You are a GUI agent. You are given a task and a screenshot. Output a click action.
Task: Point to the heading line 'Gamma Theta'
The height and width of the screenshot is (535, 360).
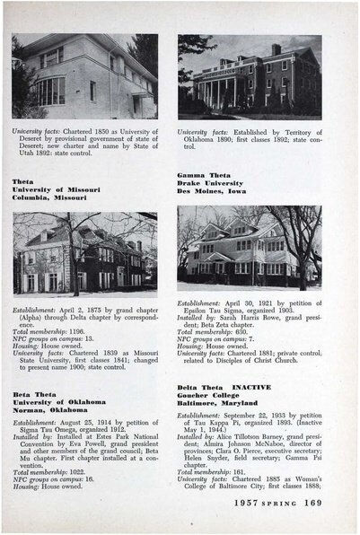click(198, 176)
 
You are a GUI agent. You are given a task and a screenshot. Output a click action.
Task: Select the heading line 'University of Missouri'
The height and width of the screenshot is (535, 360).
click(56, 189)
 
